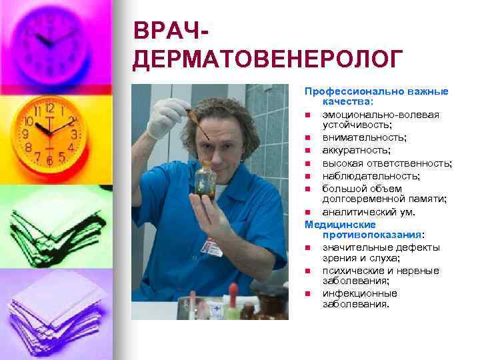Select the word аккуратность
pos(357,150)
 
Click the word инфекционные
pos(360,293)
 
